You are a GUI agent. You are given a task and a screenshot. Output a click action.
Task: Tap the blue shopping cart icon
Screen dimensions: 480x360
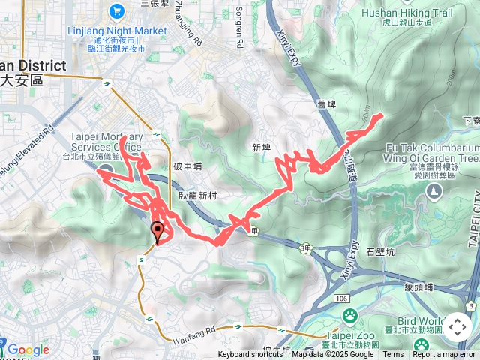[117, 10]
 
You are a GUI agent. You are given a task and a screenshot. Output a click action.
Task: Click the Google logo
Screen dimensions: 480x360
[28, 350]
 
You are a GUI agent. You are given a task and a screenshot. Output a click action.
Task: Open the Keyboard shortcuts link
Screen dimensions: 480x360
[250, 355]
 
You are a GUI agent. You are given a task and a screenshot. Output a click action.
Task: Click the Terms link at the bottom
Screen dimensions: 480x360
[393, 355]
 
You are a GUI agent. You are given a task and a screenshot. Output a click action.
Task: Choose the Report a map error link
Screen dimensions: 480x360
[444, 355]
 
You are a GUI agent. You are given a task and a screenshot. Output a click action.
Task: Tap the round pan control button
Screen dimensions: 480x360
[457, 327]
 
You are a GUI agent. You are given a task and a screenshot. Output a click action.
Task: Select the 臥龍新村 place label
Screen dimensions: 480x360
[198, 195]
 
